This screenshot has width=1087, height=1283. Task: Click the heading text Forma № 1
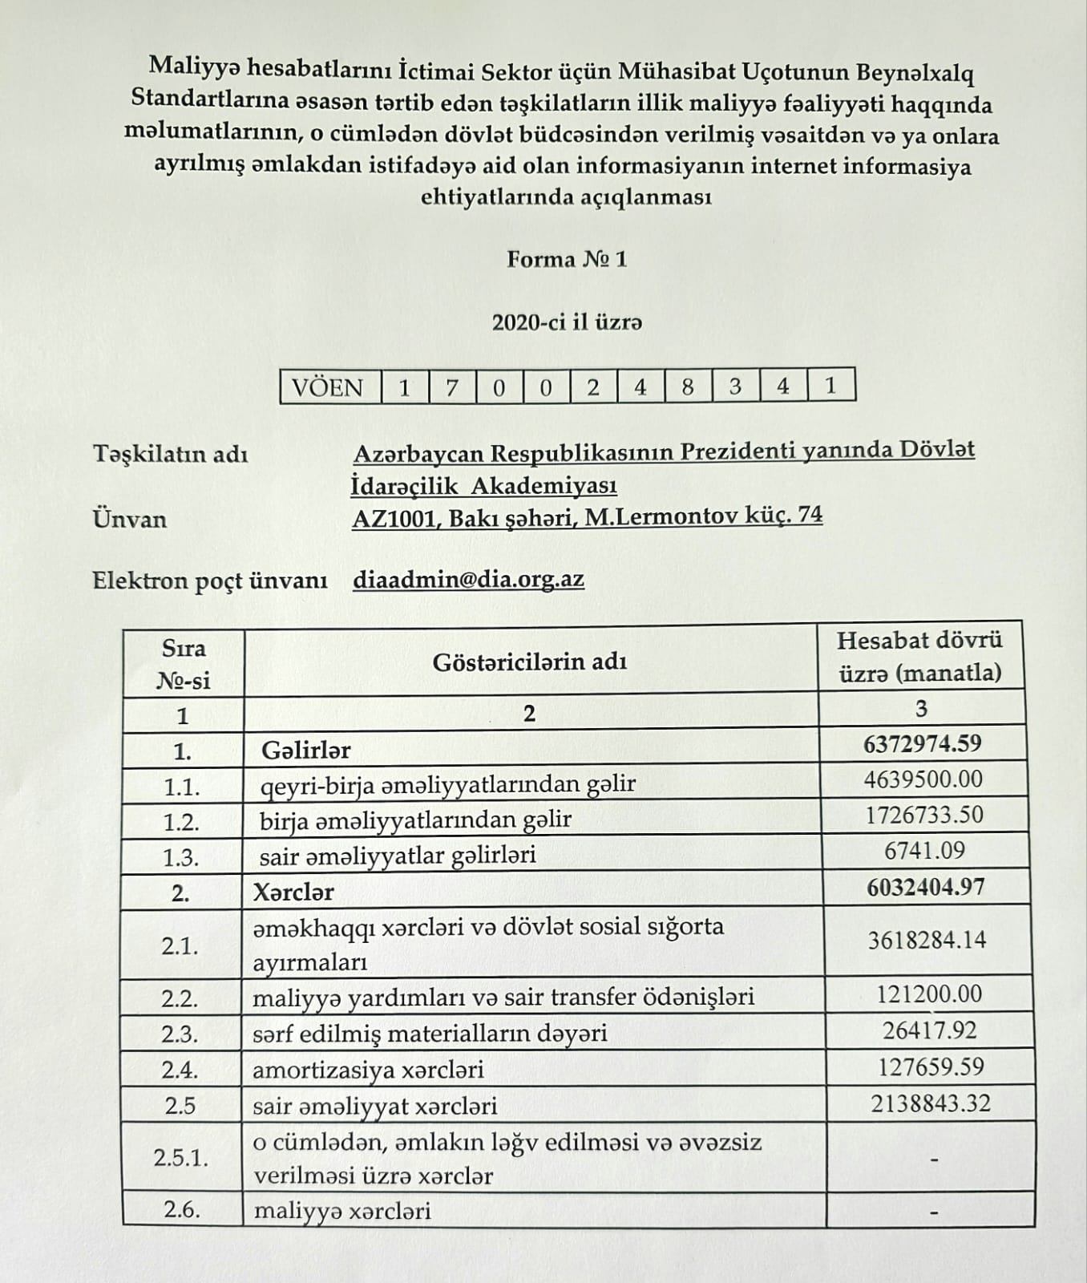566,260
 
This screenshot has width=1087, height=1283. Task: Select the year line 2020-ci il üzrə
567,322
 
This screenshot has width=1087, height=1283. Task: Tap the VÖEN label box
329,387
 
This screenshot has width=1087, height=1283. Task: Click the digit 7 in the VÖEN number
452,387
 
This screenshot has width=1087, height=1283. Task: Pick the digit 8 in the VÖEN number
687,387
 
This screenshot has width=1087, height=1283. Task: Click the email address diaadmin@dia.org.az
468,579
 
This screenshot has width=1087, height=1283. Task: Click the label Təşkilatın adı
171,454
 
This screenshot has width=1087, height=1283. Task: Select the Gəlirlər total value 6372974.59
923,743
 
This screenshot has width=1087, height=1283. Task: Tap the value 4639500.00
923,779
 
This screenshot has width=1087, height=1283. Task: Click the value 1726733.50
923,816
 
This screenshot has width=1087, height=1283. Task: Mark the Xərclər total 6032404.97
925,888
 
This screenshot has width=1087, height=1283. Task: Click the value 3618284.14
927,940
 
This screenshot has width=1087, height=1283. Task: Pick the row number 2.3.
180,1034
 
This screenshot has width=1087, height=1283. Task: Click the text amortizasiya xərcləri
368,1070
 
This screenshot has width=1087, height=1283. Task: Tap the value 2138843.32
931,1103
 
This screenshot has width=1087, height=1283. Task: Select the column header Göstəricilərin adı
529,662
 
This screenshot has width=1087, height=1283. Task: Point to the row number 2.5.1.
181,1158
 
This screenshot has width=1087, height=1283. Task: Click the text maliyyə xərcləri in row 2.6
342,1210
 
